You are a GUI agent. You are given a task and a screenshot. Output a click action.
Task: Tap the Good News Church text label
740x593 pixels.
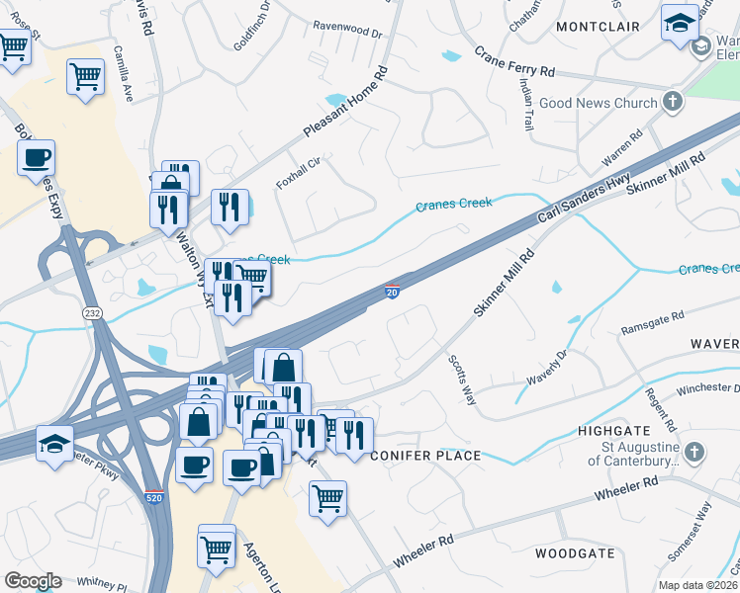pos(599,103)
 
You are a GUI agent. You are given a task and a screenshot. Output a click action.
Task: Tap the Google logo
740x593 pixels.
pos(33,581)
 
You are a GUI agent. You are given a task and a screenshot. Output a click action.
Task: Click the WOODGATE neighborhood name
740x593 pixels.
pos(575,553)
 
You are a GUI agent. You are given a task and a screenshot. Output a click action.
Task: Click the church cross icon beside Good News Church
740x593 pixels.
pos(673,102)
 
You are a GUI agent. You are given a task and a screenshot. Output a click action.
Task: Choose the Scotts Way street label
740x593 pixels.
pos(462,380)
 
